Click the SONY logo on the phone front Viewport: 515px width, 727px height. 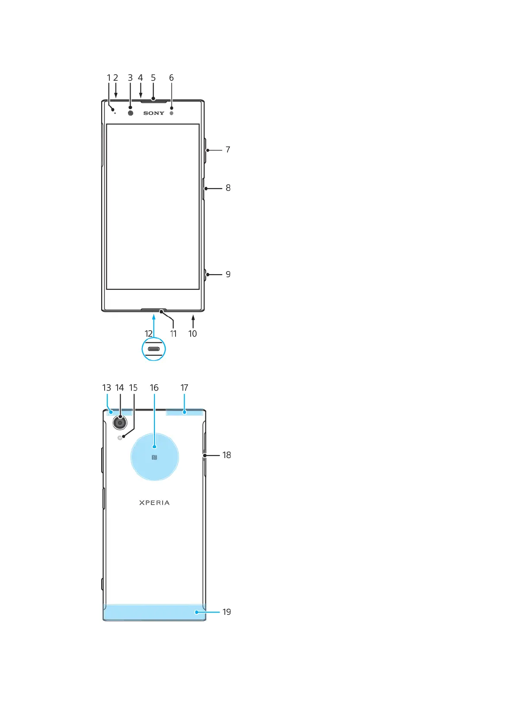(x=154, y=113)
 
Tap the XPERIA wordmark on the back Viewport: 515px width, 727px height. (x=154, y=503)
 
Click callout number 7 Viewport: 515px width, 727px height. (x=228, y=150)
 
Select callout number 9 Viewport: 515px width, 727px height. (x=228, y=274)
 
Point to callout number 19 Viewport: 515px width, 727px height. (x=227, y=612)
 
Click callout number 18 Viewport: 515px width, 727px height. (x=227, y=455)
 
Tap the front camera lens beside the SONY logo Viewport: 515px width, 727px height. (x=131, y=113)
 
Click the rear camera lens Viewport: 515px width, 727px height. (x=120, y=423)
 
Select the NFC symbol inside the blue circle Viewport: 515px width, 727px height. (x=154, y=457)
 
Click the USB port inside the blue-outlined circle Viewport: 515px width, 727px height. (x=154, y=349)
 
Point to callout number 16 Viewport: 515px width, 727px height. (x=154, y=388)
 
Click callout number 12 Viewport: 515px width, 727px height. (x=148, y=334)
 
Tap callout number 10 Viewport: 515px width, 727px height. (x=192, y=334)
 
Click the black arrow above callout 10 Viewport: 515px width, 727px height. (x=193, y=321)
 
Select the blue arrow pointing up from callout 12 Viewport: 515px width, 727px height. (x=154, y=326)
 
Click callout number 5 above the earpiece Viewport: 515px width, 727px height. (x=153, y=78)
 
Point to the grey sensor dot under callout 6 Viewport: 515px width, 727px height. (x=171, y=113)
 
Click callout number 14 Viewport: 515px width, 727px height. (x=120, y=388)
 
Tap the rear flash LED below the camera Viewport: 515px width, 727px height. (x=120, y=438)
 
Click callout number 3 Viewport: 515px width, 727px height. (x=130, y=78)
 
